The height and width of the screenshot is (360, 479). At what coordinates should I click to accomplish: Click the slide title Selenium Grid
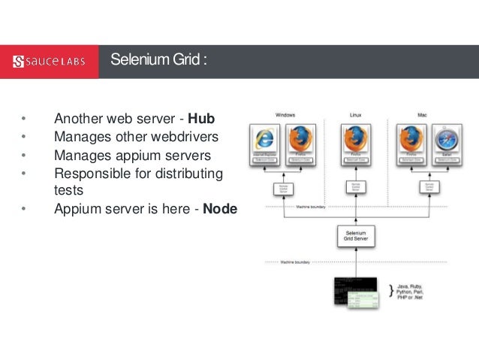(x=155, y=60)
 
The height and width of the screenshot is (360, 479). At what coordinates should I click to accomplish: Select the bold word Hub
(x=201, y=119)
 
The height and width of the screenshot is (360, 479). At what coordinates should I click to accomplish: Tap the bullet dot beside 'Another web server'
(x=23, y=119)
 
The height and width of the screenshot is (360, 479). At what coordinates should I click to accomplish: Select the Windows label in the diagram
(x=286, y=115)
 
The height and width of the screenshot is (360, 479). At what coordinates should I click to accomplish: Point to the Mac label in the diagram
(x=422, y=115)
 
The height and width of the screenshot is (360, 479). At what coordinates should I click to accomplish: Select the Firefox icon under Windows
(x=300, y=140)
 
